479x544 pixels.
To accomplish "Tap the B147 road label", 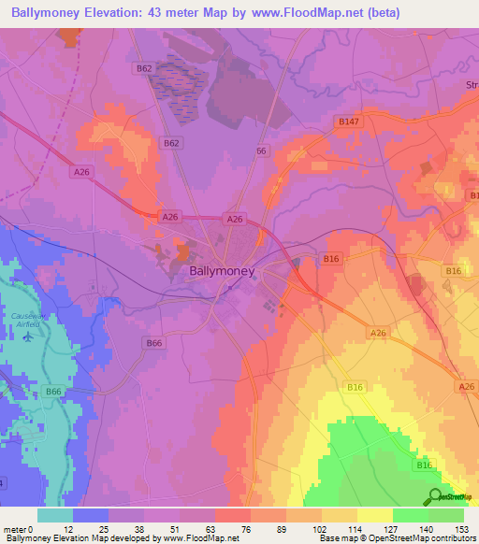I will click(348, 122).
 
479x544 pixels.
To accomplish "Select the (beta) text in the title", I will click(356, 13).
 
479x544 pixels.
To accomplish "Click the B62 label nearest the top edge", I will click(143, 69).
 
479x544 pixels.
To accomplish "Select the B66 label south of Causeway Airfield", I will click(54, 392).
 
